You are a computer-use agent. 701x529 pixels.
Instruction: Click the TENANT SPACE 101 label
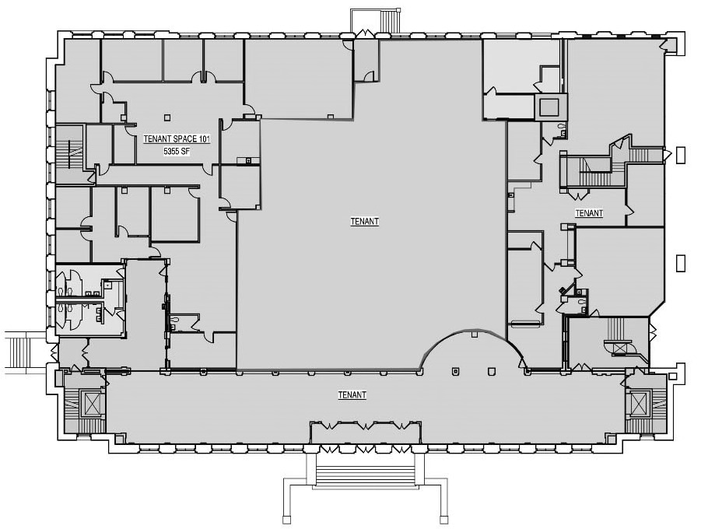point(177,139)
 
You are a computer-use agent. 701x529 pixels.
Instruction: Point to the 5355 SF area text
point(177,152)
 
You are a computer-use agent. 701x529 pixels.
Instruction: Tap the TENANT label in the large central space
point(365,222)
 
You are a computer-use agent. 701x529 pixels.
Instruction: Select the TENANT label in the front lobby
point(352,395)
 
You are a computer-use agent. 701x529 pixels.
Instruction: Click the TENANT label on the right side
point(589,213)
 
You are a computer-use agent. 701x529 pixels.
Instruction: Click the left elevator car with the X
point(92,404)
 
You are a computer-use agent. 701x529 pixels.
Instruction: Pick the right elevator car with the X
point(639,403)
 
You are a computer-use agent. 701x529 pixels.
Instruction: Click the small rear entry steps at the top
point(374,20)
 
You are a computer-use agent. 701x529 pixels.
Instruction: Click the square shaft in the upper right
point(551,105)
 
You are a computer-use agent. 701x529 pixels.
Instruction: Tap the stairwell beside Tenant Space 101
point(71,152)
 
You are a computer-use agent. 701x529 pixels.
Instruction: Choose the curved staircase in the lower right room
point(620,338)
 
